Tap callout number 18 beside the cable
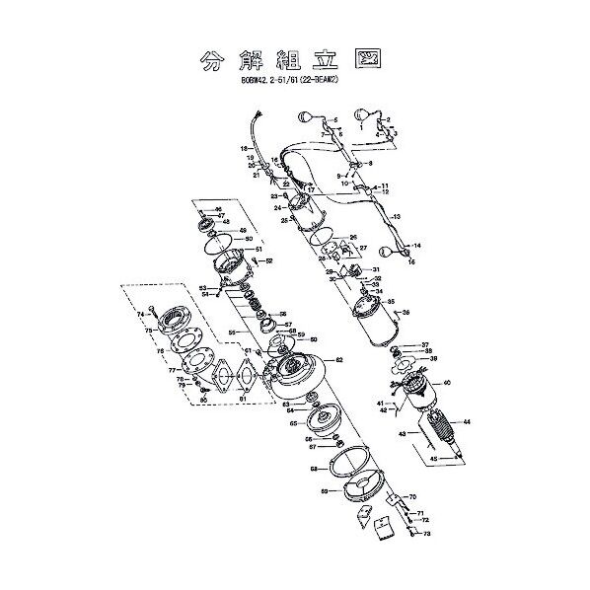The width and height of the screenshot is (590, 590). coord(244,148)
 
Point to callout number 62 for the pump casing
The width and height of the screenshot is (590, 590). coord(339,360)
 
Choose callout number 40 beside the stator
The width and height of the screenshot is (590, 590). coord(447,382)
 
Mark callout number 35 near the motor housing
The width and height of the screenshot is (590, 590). coord(391,302)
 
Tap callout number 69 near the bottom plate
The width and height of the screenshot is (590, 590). coord(324,490)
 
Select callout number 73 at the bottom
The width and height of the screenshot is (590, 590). coord(427,533)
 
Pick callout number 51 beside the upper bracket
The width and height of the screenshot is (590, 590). coord(258,250)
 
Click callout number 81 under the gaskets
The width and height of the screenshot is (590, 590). coord(242,398)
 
